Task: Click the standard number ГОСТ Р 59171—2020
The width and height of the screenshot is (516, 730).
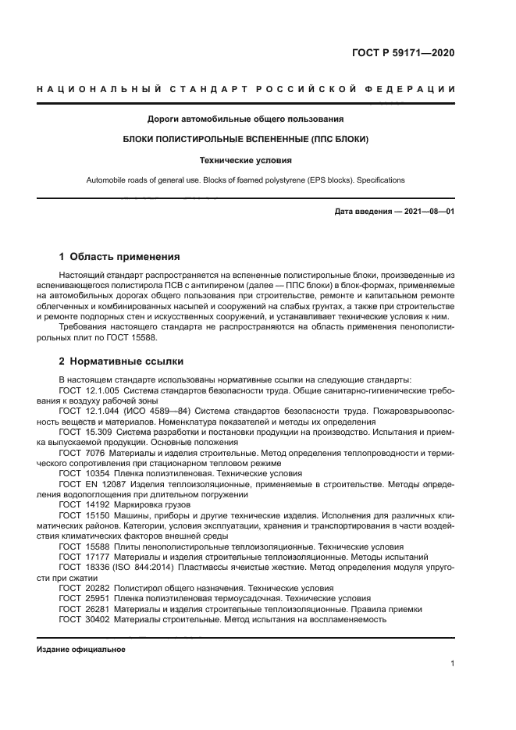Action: coord(402,53)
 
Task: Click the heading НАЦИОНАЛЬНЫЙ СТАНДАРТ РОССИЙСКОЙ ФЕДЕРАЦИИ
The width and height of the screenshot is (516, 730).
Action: coord(258,91)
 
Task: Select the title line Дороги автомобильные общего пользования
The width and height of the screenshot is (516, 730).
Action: coord(246,119)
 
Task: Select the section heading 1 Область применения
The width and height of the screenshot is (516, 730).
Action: coord(120,256)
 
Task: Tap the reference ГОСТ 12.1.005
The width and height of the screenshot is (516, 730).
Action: coord(83,388)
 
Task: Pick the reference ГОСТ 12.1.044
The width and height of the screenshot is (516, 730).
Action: coord(83,408)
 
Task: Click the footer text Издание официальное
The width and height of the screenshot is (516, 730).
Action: coord(81,650)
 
